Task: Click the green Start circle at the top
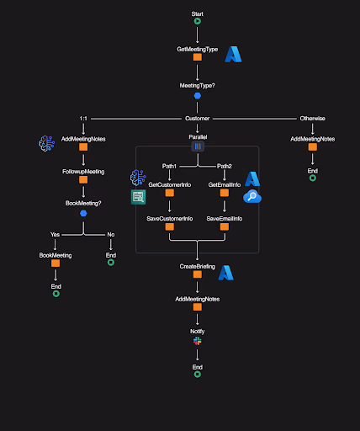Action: coord(198,24)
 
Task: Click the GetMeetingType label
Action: coord(198,49)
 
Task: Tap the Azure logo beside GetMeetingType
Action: coord(233,55)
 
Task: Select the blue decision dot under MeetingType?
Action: coord(198,96)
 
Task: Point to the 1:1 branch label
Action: coord(83,119)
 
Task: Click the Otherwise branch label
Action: coord(312,119)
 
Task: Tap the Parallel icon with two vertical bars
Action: coord(198,146)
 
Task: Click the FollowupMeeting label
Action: coord(83,171)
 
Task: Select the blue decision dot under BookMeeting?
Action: coord(83,213)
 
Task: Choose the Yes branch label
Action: coord(56,234)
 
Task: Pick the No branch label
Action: coord(110,234)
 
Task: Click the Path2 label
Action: coord(225,167)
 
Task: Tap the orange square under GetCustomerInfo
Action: coord(170,193)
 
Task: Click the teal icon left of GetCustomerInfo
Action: coord(138,197)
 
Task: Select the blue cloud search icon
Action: coord(252,197)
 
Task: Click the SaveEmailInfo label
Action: coord(225,219)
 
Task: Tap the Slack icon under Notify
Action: coord(198,342)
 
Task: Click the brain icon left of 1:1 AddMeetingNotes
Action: coord(47,144)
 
